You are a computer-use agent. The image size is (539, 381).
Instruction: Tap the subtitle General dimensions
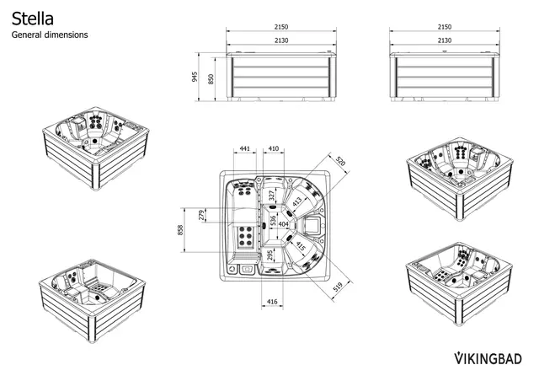point(49,35)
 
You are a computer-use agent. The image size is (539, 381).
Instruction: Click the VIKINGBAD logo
point(489,357)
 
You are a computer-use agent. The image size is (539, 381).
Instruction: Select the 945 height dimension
point(195,78)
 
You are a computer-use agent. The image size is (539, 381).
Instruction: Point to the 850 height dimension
point(211,78)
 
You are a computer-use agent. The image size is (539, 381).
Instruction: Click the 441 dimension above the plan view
point(245,148)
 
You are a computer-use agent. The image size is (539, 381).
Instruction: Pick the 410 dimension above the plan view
point(274,148)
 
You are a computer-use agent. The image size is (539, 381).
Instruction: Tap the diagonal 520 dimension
point(340,160)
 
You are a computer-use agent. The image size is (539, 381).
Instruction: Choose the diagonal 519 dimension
point(338,287)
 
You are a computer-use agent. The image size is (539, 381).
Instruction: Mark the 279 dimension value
point(201,216)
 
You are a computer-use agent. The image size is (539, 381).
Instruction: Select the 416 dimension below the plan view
point(272,301)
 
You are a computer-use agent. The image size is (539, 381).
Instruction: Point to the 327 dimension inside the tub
point(271,196)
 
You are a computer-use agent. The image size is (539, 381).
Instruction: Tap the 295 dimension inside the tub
point(269,255)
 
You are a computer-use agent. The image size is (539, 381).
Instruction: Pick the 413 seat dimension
point(297,201)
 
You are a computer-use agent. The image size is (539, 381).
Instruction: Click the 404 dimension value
point(283,225)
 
